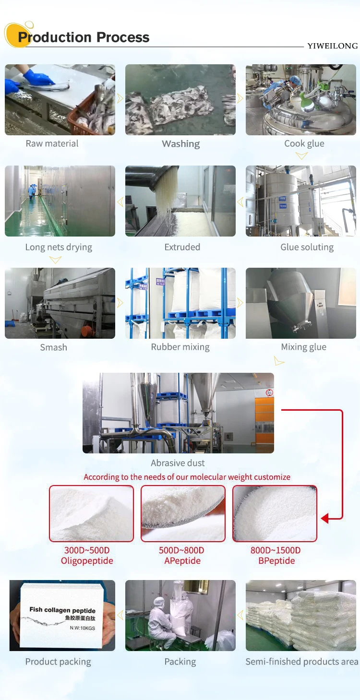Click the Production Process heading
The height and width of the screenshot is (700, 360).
click(84, 37)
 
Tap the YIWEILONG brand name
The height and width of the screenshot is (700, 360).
click(332, 46)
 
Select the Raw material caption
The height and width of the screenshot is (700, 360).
click(52, 143)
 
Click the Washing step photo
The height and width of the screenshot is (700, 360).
click(180, 100)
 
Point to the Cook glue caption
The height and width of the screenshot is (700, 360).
click(304, 143)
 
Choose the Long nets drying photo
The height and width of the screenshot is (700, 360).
click(60, 201)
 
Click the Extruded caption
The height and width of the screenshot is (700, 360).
click(182, 247)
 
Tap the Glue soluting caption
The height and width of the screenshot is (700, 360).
click(307, 247)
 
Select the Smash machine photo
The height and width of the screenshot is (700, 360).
click(60, 303)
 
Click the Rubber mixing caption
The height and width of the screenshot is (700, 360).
click(180, 347)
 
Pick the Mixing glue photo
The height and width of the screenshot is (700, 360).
click(301, 303)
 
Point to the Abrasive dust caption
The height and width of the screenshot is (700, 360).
click(178, 463)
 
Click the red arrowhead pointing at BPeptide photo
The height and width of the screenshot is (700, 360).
click(325, 518)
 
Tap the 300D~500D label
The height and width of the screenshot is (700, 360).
click(87, 550)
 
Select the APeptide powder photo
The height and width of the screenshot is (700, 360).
click(182, 513)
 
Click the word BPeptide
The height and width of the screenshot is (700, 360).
click(276, 561)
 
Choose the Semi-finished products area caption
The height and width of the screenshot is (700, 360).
click(301, 662)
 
